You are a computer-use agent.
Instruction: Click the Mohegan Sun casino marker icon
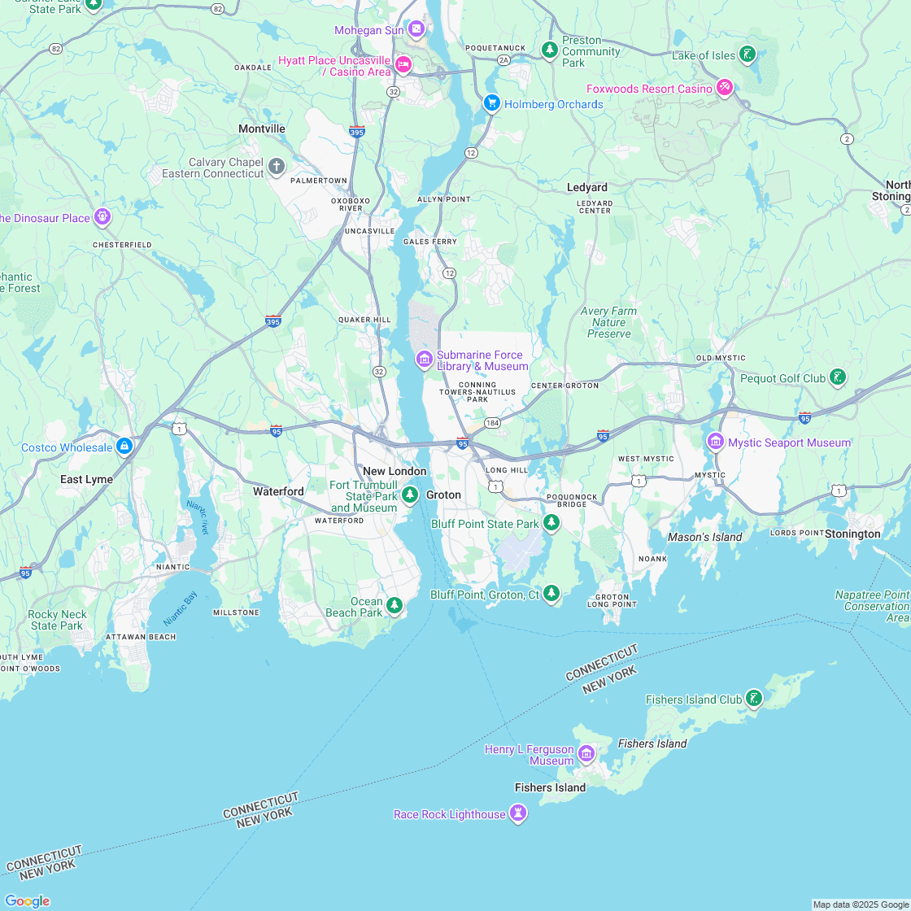(x=416, y=30)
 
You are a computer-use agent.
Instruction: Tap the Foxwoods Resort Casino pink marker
(x=724, y=88)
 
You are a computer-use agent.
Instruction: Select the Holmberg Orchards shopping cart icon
(x=491, y=103)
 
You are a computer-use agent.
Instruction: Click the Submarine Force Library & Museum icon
(x=424, y=359)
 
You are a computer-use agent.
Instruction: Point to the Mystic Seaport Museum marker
(x=716, y=441)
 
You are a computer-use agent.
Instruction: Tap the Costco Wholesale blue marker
(x=124, y=447)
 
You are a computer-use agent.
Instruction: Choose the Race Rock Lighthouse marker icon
(x=518, y=813)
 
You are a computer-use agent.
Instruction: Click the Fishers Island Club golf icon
(x=754, y=698)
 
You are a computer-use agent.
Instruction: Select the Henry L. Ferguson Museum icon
(x=586, y=753)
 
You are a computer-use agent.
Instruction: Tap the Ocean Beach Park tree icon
(x=394, y=604)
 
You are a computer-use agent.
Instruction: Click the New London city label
(x=394, y=472)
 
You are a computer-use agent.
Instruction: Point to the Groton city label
(x=443, y=495)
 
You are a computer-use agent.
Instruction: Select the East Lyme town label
(x=86, y=480)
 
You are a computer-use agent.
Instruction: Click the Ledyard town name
(x=586, y=188)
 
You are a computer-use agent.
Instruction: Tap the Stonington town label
(x=852, y=534)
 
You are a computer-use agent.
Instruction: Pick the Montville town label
(x=262, y=129)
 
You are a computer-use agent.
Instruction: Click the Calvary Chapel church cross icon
(x=277, y=168)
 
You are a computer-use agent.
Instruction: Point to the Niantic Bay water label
(x=181, y=609)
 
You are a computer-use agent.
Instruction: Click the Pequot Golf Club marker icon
(x=837, y=377)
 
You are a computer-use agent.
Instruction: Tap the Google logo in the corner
(x=26, y=901)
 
